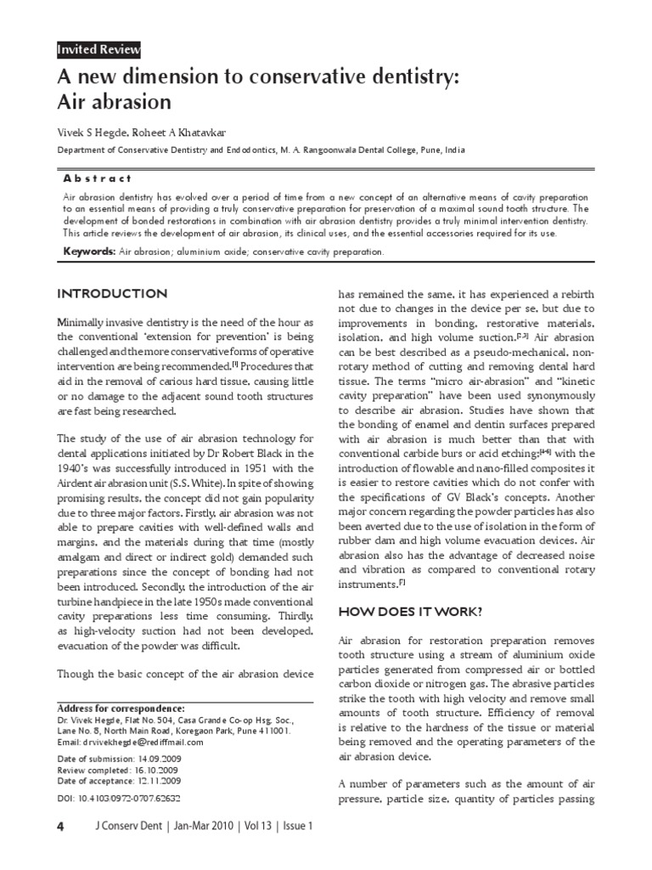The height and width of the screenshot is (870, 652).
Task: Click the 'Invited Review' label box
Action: tap(98, 50)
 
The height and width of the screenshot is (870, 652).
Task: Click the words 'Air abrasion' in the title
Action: tap(114, 102)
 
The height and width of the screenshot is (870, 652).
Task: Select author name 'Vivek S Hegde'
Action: tap(89, 133)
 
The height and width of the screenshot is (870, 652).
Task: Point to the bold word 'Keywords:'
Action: tap(90, 251)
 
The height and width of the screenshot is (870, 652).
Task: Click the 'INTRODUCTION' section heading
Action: tap(111, 294)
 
